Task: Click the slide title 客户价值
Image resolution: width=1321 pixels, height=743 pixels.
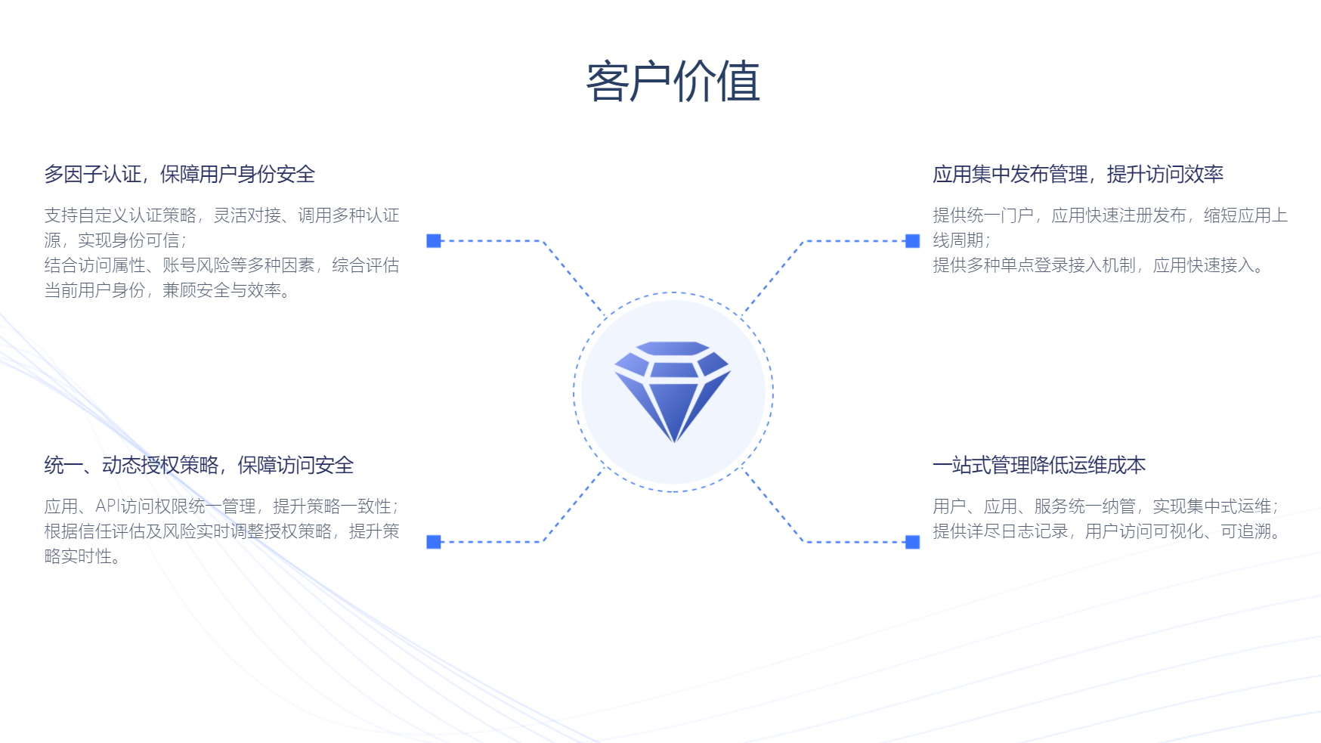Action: (673, 82)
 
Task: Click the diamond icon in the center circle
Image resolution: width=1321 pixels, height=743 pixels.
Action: (673, 390)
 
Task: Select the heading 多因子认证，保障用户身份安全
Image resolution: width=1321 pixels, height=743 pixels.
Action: (179, 175)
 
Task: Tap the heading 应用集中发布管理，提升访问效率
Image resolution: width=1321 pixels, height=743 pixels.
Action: (1078, 175)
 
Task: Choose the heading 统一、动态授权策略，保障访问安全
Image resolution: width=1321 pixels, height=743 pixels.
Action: (199, 465)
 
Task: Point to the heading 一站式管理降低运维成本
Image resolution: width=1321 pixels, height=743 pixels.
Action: (1039, 465)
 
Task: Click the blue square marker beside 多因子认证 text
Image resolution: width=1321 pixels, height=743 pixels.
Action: (434, 240)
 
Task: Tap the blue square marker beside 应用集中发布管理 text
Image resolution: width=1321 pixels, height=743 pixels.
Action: (912, 240)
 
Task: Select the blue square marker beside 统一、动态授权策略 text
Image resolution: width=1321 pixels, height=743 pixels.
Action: (434, 542)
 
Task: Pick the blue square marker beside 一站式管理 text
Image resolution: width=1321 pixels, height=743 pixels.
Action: (912, 542)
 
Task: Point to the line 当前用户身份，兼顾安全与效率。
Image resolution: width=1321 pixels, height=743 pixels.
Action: (168, 290)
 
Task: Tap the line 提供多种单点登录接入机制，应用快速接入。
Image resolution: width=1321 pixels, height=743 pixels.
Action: (1099, 265)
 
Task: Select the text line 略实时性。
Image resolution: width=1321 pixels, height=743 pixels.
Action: (82, 556)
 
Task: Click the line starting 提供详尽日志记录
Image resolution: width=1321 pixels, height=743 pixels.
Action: (1108, 531)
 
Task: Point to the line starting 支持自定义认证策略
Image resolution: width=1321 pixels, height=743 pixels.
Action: (221, 215)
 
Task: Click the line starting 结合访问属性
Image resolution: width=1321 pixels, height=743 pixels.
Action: (221, 265)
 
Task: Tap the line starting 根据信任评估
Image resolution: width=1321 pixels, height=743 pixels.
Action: (221, 531)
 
